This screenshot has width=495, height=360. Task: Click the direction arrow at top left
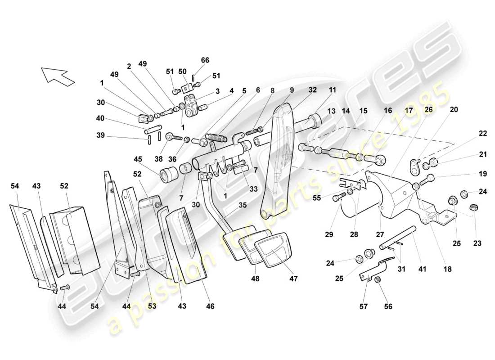click(57, 76)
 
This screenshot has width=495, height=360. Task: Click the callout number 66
click(205, 60)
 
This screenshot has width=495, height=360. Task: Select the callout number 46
click(210, 306)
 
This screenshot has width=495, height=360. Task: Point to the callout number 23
click(477, 243)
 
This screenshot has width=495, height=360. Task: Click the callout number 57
click(364, 306)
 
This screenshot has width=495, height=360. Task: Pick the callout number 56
click(388, 306)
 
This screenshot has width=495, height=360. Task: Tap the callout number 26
click(428, 109)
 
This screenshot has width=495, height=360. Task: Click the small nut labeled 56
click(379, 281)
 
